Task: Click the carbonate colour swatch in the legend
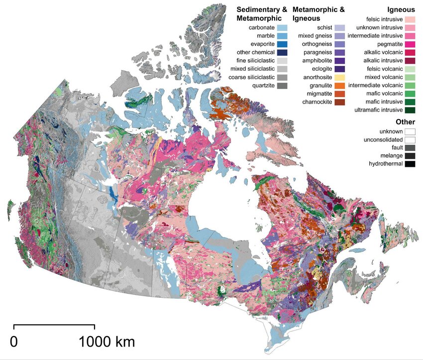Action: pyautogui.click(x=283, y=28)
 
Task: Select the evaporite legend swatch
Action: pyautogui.click(x=283, y=44)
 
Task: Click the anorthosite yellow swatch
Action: pyautogui.click(x=340, y=77)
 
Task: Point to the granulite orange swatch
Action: pyautogui.click(x=340, y=86)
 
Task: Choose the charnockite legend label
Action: pyautogui.click(x=315, y=102)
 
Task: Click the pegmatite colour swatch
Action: pyautogui.click(x=410, y=44)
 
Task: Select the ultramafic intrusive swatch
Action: pyautogui.click(x=410, y=110)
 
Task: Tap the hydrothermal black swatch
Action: pyautogui.click(x=410, y=164)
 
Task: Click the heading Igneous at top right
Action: pyautogui.click(x=401, y=9)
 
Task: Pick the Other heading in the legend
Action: pyautogui.click(x=405, y=122)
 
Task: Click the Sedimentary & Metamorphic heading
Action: pyautogui.click(x=262, y=13)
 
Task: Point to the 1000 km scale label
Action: pyautogui.click(x=106, y=342)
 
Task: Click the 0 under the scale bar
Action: pyautogui.click(x=14, y=342)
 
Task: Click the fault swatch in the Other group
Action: pyautogui.click(x=410, y=147)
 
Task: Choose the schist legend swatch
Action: pyautogui.click(x=340, y=28)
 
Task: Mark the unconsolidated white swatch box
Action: pyautogui.click(x=410, y=139)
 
